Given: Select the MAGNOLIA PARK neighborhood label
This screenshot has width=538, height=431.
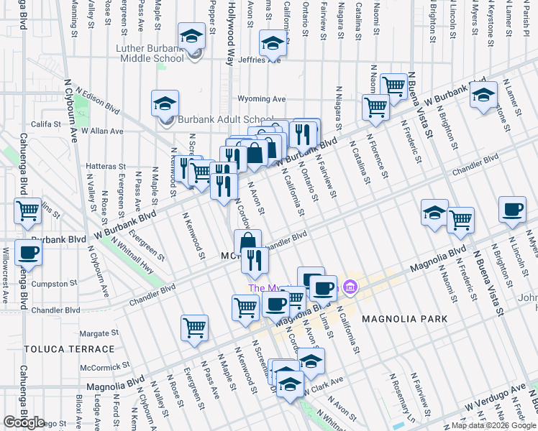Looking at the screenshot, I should pyautogui.click(x=404, y=318).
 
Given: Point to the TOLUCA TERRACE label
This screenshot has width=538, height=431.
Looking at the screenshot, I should pyautogui.click(x=69, y=349).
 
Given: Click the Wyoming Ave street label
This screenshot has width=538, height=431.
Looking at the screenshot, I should pyautogui.click(x=262, y=99).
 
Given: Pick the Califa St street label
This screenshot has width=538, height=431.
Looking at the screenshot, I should pyautogui.click(x=45, y=124).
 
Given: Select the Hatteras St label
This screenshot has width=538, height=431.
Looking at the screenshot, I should pyautogui.click(x=106, y=166).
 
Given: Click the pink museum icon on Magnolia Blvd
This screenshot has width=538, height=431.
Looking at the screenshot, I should pyautogui.click(x=350, y=288).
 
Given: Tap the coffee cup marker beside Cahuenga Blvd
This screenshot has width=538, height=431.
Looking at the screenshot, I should pyautogui.click(x=28, y=252).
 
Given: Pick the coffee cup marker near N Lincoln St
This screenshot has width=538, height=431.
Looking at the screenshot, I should pyautogui.click(x=511, y=209).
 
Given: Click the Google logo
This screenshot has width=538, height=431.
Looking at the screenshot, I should pyautogui.click(x=24, y=422).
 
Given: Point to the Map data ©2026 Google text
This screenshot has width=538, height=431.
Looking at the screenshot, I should pyautogui.click(x=493, y=425).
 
